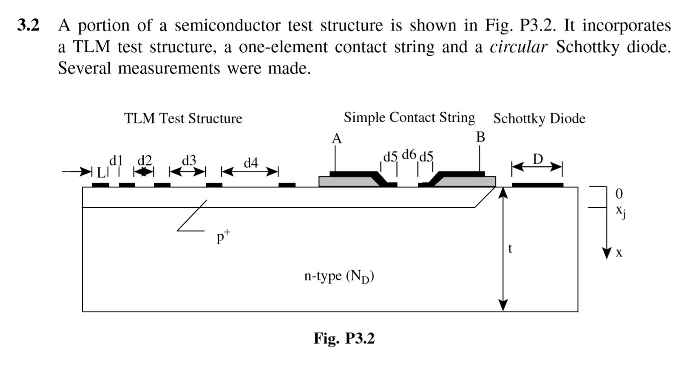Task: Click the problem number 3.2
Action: click(28, 26)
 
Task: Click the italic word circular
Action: click(518, 47)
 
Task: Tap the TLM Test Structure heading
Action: click(183, 118)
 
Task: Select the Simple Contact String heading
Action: click(409, 117)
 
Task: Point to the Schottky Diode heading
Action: click(539, 118)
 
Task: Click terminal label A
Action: click(336, 139)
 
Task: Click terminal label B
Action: click(480, 137)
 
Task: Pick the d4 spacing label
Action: click(251, 163)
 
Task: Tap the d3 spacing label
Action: click(189, 160)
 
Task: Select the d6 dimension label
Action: click(409, 154)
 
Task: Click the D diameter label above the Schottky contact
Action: click(538, 159)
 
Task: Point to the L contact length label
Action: click(100, 172)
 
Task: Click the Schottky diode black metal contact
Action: click(537, 185)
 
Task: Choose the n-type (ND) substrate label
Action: click(339, 276)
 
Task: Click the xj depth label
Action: click(621, 211)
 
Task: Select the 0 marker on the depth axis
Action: click(619, 194)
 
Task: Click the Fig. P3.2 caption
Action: click(344, 338)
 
